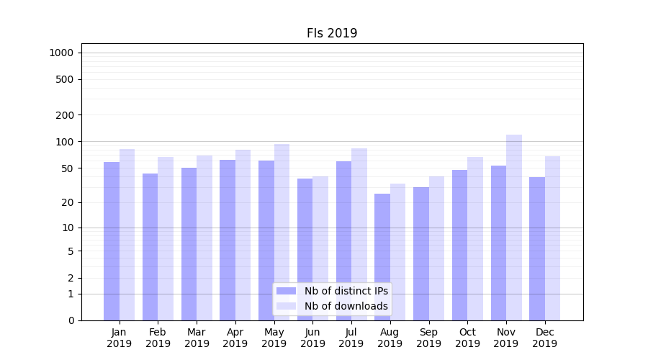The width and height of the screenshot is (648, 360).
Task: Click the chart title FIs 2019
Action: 332,33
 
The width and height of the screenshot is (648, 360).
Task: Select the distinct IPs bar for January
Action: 112,241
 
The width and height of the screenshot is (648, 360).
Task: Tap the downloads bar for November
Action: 514,228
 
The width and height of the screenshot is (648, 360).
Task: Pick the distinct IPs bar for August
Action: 382,257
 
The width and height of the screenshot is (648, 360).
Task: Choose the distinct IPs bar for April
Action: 228,240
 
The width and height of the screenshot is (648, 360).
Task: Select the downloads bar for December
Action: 552,238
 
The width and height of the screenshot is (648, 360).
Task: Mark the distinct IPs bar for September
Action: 421,253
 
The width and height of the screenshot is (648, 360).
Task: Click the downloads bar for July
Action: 359,234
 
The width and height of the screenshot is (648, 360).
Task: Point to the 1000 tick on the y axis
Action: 61,53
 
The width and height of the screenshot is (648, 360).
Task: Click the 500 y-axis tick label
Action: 66,79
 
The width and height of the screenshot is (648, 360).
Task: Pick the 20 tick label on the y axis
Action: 68,202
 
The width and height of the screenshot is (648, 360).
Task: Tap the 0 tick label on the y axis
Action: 71,320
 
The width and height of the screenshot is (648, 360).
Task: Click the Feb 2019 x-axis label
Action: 158,338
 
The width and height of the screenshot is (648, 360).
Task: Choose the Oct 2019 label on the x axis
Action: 467,338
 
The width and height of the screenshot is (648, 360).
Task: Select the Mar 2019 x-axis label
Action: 197,338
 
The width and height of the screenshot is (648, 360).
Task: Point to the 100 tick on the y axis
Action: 66,142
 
